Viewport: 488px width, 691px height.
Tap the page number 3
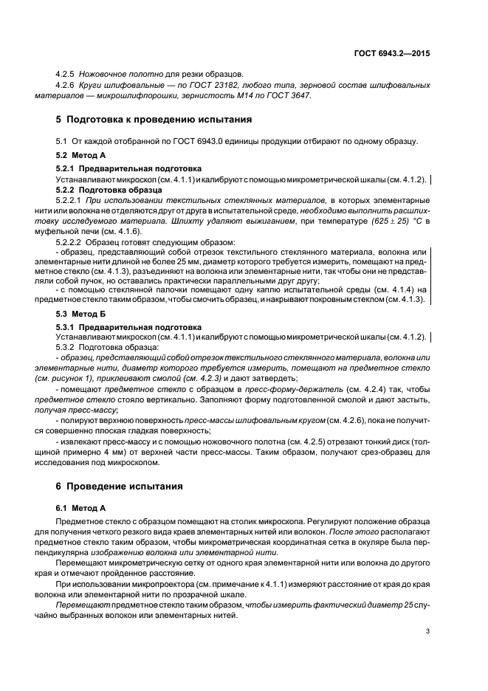[427, 630]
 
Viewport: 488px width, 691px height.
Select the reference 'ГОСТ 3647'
[289, 96]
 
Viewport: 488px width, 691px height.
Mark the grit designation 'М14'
[250, 96]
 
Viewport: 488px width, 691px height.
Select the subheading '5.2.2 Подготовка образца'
[99, 189]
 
